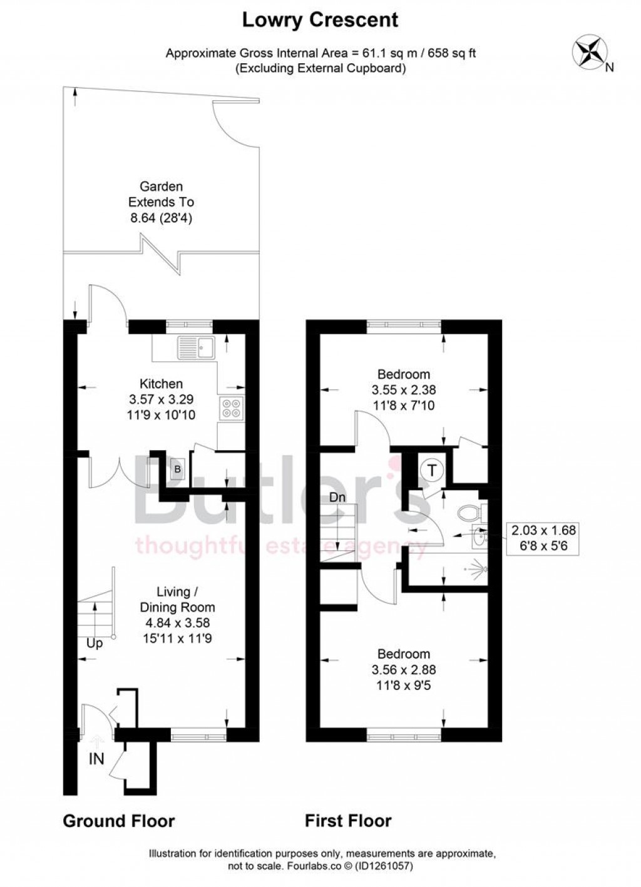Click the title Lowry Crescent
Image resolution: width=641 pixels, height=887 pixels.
click(x=320, y=20)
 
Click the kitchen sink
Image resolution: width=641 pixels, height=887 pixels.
click(x=196, y=347)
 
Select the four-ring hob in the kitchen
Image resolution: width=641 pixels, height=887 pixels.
click(x=231, y=408)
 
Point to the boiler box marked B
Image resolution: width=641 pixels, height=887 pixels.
click(x=177, y=469)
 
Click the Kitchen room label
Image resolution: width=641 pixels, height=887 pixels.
click(x=161, y=384)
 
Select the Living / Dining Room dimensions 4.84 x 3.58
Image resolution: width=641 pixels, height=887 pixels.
click(x=177, y=623)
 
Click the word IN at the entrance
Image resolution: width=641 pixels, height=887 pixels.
click(x=96, y=759)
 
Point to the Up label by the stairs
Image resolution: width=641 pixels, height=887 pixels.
click(x=95, y=643)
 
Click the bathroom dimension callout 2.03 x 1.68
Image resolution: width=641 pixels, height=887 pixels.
click(x=543, y=531)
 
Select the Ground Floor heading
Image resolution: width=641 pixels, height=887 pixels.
click(x=118, y=821)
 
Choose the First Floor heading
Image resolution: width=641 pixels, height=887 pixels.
click(x=348, y=821)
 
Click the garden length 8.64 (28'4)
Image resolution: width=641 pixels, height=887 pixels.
click(x=161, y=218)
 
